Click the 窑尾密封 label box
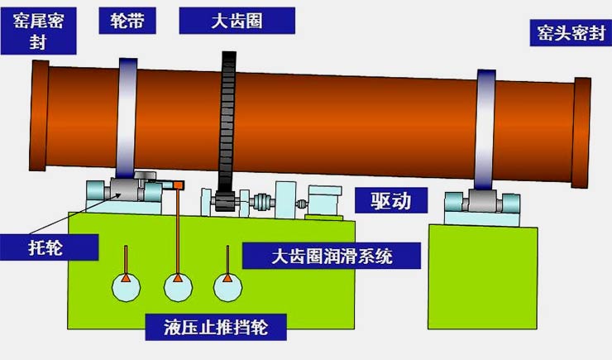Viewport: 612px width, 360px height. click(x=38, y=31)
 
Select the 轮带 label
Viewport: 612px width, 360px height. click(x=127, y=21)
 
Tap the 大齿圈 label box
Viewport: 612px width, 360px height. click(x=237, y=21)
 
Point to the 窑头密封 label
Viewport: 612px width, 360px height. click(x=571, y=33)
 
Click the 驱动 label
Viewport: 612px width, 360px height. click(x=391, y=200)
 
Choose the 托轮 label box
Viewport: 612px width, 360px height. click(x=49, y=247)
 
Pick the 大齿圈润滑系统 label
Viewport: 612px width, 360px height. click(x=332, y=257)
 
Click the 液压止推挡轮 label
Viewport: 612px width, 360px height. click(x=216, y=327)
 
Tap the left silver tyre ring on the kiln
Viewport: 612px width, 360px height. click(x=127, y=118)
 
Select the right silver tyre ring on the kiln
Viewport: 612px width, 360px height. click(x=485, y=130)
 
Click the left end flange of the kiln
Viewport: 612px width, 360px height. click(x=39, y=116)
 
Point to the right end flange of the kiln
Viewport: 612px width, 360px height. click(x=581, y=132)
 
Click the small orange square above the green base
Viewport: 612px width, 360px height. click(x=179, y=185)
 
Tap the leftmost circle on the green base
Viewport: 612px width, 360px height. click(x=126, y=287)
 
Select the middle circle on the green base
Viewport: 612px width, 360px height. click(x=178, y=287)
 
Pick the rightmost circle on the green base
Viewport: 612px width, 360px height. click(x=228, y=287)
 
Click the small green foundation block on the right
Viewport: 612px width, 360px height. click(x=483, y=276)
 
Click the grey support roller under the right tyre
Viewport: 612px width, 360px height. click(x=482, y=201)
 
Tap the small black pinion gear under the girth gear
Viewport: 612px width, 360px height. click(x=225, y=202)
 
